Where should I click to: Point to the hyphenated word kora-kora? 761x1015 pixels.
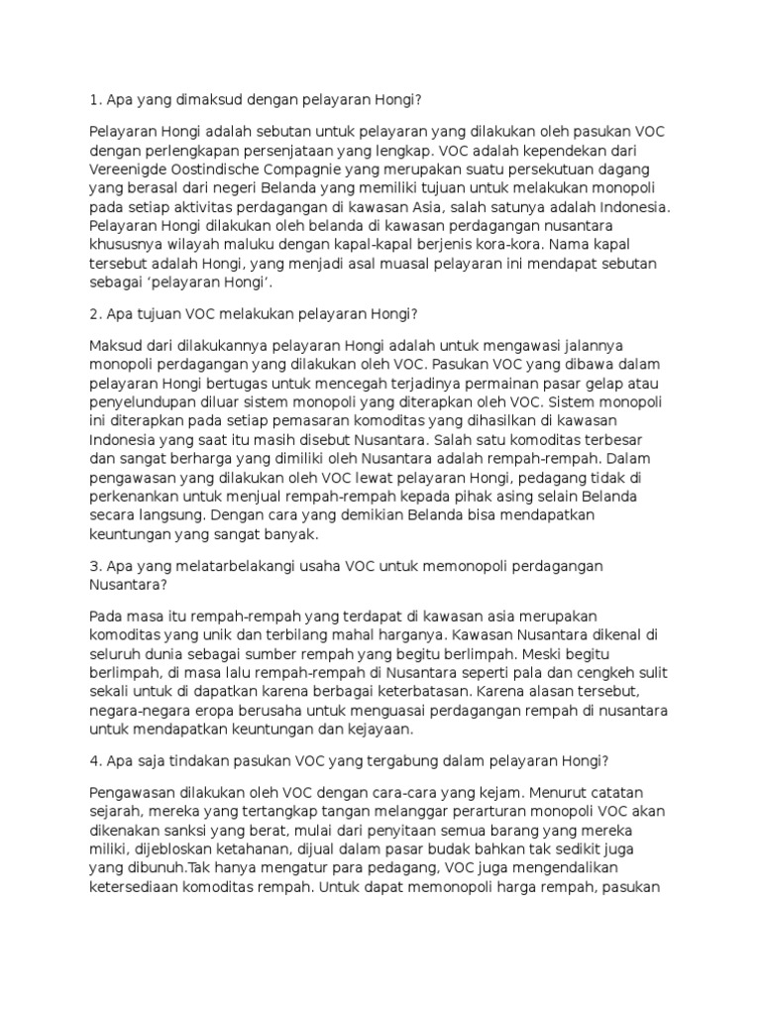pos(529,245)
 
